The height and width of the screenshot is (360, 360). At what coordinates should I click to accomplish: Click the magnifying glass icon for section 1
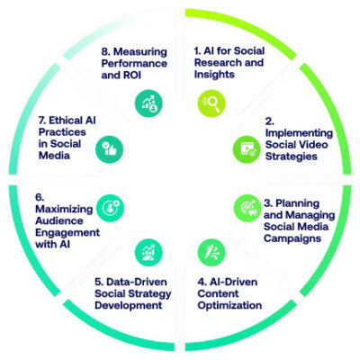[211, 103]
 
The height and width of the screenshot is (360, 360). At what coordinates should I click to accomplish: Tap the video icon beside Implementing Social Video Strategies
[247, 149]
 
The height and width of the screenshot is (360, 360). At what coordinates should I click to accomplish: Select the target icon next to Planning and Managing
[247, 208]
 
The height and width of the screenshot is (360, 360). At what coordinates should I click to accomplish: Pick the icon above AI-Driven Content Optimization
[211, 252]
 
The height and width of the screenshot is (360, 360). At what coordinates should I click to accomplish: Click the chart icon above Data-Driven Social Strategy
[148, 252]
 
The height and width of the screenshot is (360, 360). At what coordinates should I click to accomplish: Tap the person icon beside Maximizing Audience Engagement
[110, 208]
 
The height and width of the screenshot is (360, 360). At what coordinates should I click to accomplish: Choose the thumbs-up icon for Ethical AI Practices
[109, 149]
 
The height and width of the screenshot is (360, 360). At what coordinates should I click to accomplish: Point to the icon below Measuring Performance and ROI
[148, 103]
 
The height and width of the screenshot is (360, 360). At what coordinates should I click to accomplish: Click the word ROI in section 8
[131, 75]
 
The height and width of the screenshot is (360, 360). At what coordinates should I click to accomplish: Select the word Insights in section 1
[214, 75]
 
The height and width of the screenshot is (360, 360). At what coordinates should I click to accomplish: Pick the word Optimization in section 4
[229, 305]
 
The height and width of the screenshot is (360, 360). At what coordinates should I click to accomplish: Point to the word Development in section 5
[129, 305]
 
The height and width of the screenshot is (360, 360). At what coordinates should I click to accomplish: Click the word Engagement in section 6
[67, 232]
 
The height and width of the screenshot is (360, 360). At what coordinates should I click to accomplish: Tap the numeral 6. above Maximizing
[40, 197]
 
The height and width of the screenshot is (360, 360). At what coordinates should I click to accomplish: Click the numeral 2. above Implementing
[270, 121]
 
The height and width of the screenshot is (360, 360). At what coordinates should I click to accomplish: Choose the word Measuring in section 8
[140, 51]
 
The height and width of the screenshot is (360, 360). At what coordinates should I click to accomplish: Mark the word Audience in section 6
[59, 220]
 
